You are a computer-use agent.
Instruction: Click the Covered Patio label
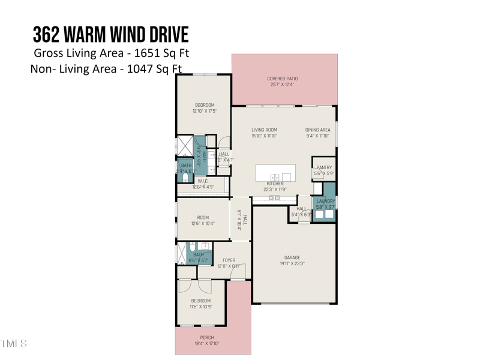(282, 79)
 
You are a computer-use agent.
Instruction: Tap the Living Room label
(264, 130)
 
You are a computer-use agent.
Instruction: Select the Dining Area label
(317, 130)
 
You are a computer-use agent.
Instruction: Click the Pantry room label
(324, 168)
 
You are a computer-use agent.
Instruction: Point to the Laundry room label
(326, 201)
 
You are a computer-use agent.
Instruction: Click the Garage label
(292, 257)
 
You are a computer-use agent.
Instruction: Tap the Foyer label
(229, 260)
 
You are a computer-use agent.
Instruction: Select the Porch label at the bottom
(206, 338)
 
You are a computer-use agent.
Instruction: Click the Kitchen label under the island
(275, 184)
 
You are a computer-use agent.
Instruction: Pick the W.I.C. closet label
(203, 181)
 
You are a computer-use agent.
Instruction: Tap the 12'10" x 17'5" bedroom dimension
(205, 111)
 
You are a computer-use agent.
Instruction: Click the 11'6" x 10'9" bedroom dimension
(200, 307)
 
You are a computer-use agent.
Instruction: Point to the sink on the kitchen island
(275, 177)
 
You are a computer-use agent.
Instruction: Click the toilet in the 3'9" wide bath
(185, 178)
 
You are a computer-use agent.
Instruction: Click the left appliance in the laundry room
(319, 214)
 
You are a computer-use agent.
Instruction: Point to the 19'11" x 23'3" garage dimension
(292, 263)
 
